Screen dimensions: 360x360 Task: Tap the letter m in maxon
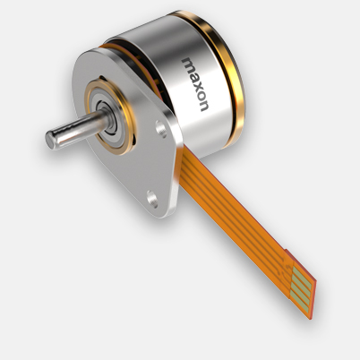(x=189, y=64)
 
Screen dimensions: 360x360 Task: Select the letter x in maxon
(x=195, y=82)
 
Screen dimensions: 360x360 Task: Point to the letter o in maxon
(x=199, y=93)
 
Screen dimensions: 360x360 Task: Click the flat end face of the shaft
(x=51, y=140)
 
